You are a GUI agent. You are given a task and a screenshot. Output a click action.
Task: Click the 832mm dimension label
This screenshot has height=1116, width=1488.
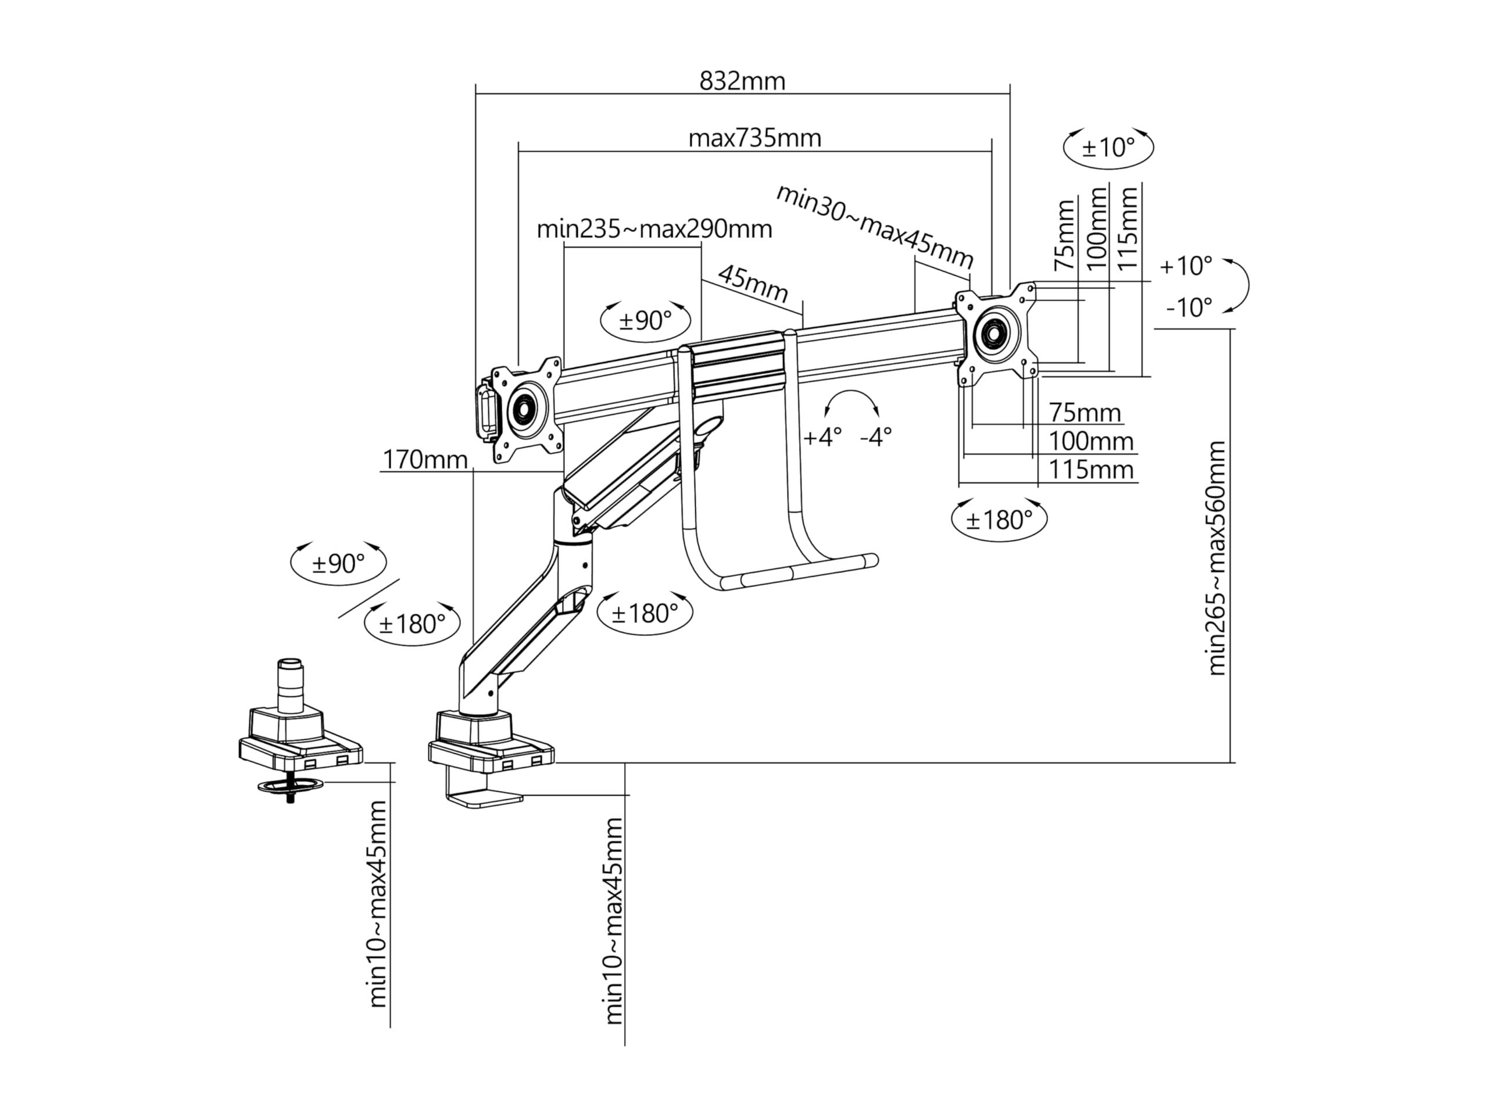click(x=742, y=81)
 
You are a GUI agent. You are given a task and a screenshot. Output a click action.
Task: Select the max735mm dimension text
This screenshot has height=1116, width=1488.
click(x=755, y=138)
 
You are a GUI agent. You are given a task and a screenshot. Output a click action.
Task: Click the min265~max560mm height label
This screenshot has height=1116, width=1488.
click(x=1217, y=559)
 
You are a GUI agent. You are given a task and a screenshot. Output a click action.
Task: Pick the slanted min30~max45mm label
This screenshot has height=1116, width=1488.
click(x=875, y=226)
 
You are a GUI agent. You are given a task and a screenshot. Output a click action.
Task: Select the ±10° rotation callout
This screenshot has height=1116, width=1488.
click(x=1108, y=146)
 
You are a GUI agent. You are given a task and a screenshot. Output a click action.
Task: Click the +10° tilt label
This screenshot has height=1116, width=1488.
click(x=1185, y=266)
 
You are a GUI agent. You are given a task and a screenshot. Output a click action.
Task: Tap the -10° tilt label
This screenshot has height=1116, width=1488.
click(x=1189, y=307)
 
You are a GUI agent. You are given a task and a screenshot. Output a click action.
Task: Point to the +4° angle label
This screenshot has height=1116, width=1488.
click(x=822, y=437)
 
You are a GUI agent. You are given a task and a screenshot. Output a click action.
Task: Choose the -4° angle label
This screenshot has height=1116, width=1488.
click(x=876, y=437)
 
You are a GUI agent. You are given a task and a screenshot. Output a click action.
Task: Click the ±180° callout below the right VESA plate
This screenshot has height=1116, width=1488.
click(x=999, y=519)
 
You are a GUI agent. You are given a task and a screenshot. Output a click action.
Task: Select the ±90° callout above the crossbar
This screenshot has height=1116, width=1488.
click(x=645, y=320)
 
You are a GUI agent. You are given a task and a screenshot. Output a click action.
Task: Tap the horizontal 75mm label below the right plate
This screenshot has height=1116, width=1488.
click(x=1085, y=412)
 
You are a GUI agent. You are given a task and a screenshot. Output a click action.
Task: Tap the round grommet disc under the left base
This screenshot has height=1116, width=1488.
click(x=290, y=785)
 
